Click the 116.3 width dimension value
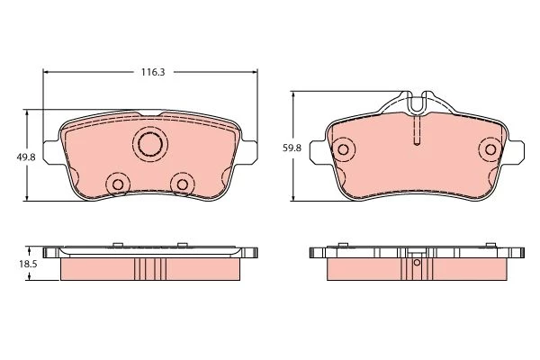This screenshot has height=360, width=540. (153, 72)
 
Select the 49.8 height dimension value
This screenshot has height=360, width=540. (26, 157)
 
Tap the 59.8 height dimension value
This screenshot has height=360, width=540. (292, 148)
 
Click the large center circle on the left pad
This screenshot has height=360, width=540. (150, 144)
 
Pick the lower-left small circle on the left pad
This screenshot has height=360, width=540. (118, 184)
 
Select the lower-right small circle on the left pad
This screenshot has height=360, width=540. (182, 184)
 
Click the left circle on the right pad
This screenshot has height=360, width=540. (343, 149)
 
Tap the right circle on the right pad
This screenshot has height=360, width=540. (490, 149)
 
